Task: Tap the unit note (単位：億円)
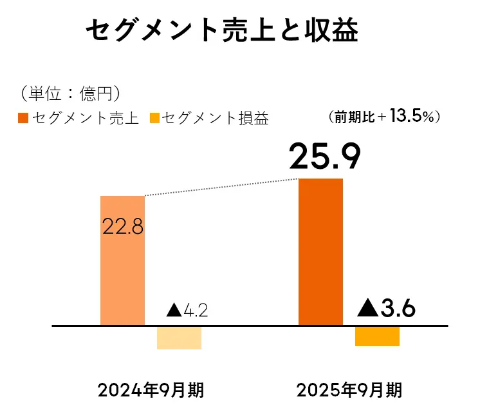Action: tap(69, 93)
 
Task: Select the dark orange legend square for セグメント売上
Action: tap(23, 119)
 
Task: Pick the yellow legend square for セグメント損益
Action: tap(154, 119)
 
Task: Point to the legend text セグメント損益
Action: tap(216, 119)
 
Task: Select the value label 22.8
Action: tap(122, 227)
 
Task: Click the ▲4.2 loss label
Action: tap(187, 310)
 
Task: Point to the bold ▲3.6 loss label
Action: tap(386, 309)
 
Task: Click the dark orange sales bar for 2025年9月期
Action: tap(321, 251)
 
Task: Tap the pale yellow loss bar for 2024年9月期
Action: tap(179, 338)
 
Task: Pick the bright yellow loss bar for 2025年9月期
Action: tap(377, 336)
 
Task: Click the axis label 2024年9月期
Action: tap(152, 391)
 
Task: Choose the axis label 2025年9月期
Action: tap(349, 391)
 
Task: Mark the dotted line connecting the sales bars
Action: tap(222, 187)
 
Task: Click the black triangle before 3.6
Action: tap(367, 309)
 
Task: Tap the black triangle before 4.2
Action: tap(174, 310)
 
